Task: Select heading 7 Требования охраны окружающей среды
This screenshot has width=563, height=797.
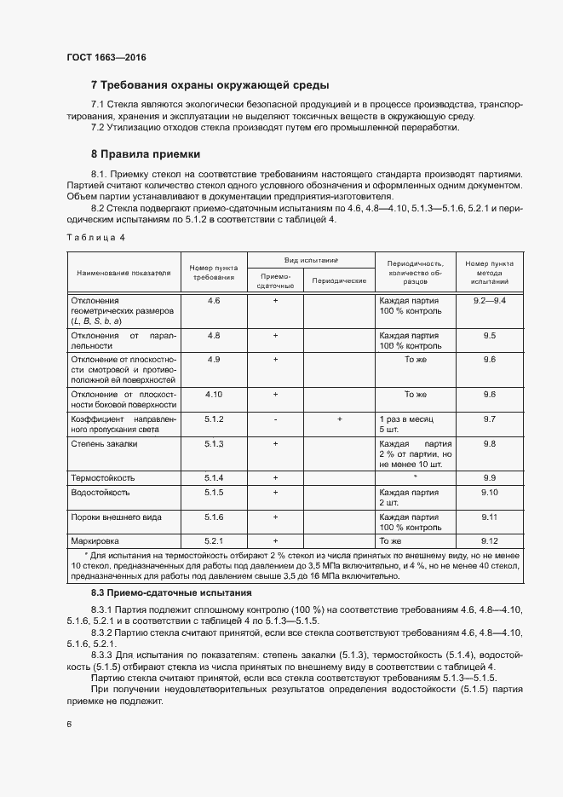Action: pyautogui.click(x=210, y=85)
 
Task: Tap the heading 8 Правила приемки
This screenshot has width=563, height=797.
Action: pyautogui.click(x=146, y=154)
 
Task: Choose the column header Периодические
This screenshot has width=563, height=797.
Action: pyautogui.click(x=339, y=280)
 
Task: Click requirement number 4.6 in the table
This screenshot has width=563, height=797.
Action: pyautogui.click(x=214, y=301)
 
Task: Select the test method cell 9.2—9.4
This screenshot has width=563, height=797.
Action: pyautogui.click(x=489, y=301)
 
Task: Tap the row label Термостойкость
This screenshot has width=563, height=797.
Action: pyautogui.click(x=102, y=477)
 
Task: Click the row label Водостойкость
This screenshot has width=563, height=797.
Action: pyautogui.click(x=100, y=493)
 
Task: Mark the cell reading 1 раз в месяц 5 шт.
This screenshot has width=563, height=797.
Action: pyautogui.click(x=406, y=424)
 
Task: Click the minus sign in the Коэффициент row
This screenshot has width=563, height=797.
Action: pyautogui.click(x=275, y=420)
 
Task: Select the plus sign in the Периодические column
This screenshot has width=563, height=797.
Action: pyautogui.click(x=339, y=420)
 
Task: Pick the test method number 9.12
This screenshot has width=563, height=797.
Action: pyautogui.click(x=489, y=540)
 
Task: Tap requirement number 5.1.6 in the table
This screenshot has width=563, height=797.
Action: pyautogui.click(x=214, y=517)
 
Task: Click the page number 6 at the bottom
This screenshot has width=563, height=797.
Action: pyautogui.click(x=70, y=725)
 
